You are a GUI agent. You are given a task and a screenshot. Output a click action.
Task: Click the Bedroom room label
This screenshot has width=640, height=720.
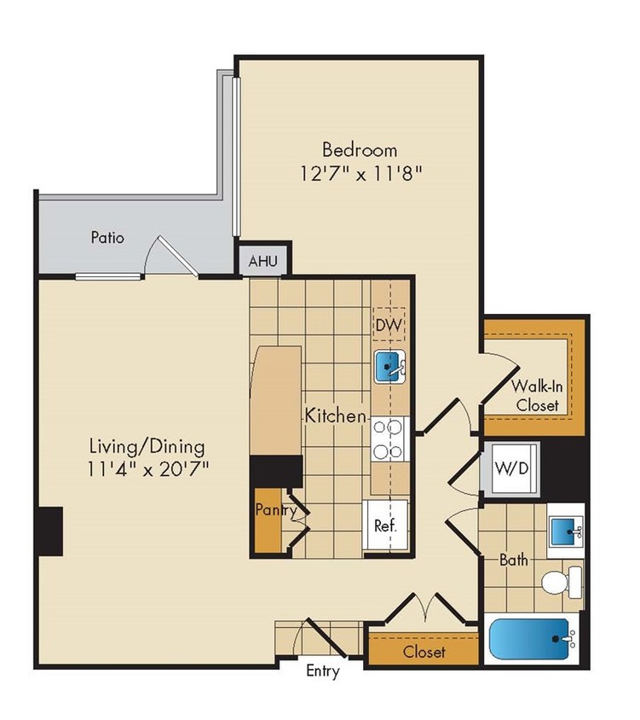359,150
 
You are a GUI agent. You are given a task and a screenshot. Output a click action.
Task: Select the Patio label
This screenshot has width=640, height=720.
107,237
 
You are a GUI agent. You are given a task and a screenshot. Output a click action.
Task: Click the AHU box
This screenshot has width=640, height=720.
262,262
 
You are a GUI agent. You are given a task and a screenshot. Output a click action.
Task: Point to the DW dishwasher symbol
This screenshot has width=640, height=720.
389,325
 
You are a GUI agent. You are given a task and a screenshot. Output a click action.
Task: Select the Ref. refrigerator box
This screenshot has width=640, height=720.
386,525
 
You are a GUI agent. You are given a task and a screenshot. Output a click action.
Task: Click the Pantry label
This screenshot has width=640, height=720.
274,510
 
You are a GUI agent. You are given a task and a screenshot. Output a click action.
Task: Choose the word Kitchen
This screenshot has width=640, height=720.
336,416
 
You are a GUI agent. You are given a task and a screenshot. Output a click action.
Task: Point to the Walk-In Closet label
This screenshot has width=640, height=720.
536,395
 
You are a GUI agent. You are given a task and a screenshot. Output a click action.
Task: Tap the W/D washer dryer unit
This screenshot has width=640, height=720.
509,468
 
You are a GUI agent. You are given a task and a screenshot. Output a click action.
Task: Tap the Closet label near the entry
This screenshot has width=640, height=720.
424,653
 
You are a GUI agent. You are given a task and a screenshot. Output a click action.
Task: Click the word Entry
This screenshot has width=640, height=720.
323,671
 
